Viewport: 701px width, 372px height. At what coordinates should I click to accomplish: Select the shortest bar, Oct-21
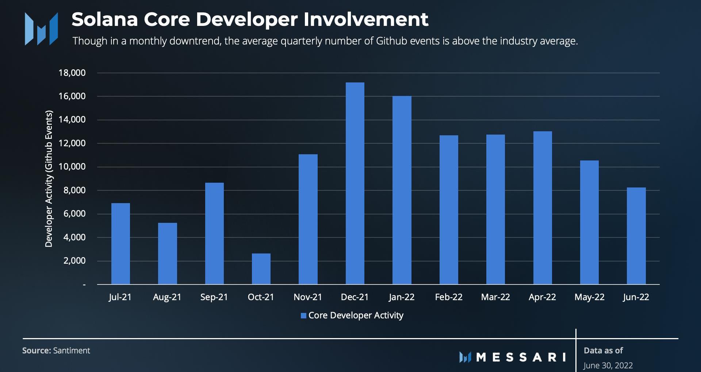[x=261, y=269]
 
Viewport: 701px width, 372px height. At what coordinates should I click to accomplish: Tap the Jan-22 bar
[x=402, y=190]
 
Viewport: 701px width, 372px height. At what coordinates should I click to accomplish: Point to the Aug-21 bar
[x=167, y=253]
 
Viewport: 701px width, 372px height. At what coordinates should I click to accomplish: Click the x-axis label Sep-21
[x=214, y=297]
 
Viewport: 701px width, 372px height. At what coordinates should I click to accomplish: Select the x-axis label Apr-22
[x=542, y=297]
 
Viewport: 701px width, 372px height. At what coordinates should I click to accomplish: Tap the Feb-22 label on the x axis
[x=449, y=297]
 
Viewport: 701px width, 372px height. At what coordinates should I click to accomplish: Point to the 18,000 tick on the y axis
[x=72, y=73]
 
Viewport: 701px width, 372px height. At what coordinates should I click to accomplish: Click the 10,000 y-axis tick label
[x=72, y=167]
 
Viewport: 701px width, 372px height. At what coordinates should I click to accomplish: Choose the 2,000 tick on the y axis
[x=74, y=261]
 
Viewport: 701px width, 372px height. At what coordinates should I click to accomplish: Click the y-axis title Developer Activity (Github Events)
[x=49, y=179]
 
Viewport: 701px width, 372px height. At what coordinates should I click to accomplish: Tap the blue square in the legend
[x=303, y=316]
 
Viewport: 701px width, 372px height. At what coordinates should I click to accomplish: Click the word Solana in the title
[x=104, y=20]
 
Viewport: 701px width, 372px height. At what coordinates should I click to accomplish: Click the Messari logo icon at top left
[x=41, y=29]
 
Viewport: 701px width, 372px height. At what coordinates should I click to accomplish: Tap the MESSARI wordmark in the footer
[x=521, y=357]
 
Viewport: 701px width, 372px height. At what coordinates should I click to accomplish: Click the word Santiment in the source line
[x=72, y=350]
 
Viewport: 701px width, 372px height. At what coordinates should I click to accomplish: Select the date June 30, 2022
[x=608, y=365]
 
